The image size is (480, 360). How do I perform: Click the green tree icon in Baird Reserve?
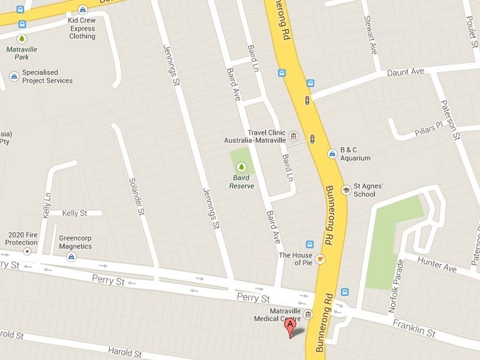click(242, 166)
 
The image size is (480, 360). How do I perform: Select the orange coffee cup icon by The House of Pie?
click(321, 259)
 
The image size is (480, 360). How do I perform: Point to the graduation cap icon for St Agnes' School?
click(346, 190)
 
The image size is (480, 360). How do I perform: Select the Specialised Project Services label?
click(47, 76)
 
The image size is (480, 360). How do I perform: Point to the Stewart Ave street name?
click(370, 37)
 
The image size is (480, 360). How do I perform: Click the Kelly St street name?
click(75, 213)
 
